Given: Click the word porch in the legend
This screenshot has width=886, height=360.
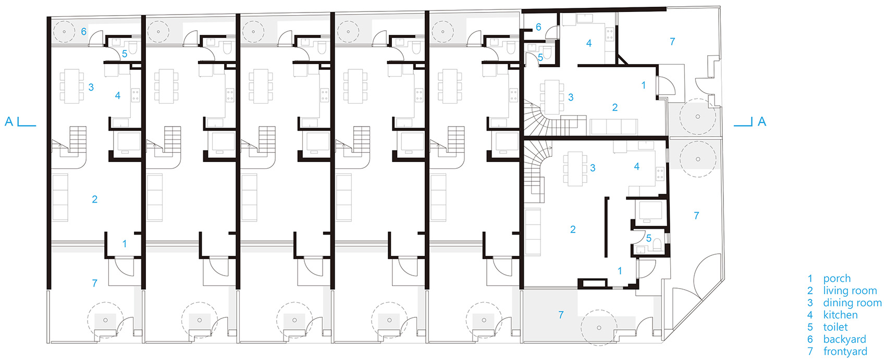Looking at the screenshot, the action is [x=836, y=279].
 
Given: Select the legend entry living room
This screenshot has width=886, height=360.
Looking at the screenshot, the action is [x=850, y=291].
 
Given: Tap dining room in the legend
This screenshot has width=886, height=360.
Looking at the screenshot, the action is [x=852, y=303].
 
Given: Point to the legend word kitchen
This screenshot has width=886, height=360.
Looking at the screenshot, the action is [x=840, y=315].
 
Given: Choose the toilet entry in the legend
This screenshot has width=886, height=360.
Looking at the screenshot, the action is [x=835, y=327].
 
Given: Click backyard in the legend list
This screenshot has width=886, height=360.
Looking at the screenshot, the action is [x=844, y=340].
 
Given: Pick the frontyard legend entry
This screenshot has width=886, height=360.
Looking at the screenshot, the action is [x=845, y=351].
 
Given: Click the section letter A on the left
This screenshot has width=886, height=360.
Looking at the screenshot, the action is [x=9, y=121].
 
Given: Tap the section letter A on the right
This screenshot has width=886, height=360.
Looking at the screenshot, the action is [x=762, y=121].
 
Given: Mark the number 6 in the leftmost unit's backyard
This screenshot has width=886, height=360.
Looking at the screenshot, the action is [x=84, y=32].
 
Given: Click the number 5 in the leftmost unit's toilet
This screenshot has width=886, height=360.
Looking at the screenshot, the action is [x=125, y=54].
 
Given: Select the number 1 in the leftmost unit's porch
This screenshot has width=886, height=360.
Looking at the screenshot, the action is [x=125, y=244].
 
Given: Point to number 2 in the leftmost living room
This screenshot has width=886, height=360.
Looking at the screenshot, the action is [x=94, y=199].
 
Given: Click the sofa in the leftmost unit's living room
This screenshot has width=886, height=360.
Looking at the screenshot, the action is [x=60, y=198].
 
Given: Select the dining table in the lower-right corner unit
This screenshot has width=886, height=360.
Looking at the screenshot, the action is [x=575, y=168].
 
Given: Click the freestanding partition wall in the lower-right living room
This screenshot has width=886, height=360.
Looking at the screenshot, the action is [x=606, y=228].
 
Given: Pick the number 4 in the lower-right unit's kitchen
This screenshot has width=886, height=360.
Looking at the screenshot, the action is [x=637, y=167].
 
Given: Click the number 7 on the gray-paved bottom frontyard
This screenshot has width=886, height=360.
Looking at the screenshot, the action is [x=561, y=315].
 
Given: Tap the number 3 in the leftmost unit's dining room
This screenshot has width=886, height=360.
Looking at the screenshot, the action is [x=91, y=87].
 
